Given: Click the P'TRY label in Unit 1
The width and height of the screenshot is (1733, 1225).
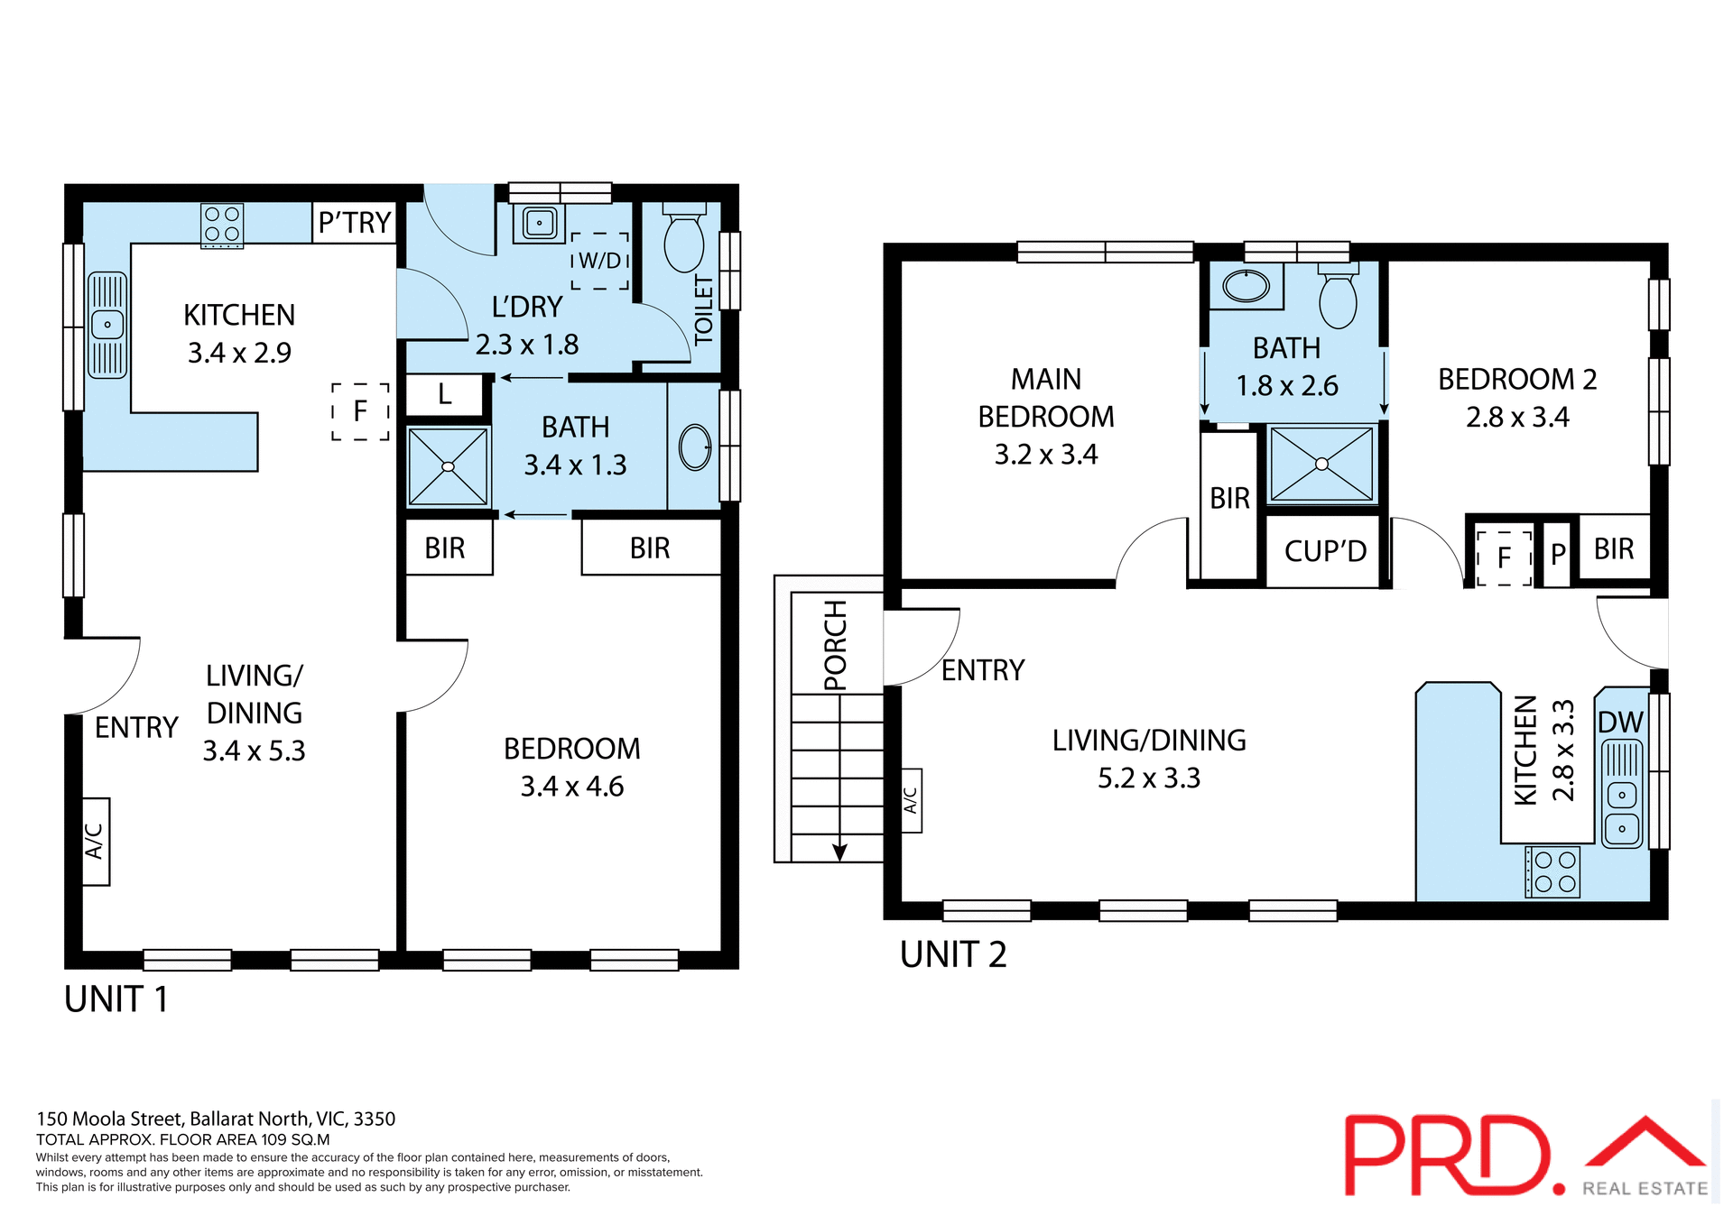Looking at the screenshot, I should [x=355, y=222].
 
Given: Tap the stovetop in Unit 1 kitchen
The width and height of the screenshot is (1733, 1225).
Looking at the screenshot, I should [x=221, y=225].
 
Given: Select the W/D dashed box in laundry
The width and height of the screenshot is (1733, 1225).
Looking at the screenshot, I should [x=600, y=262].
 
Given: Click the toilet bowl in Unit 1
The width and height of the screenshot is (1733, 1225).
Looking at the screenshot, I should [x=684, y=242].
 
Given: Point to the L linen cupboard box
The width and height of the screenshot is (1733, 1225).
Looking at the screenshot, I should [x=445, y=395].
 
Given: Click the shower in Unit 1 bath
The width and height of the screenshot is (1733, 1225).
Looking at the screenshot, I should [x=448, y=466].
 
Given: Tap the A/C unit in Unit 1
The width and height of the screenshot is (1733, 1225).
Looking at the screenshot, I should [x=95, y=841].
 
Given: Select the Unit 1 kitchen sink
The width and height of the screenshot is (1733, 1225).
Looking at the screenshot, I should [x=107, y=325].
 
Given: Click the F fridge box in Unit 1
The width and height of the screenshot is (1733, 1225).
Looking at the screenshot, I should [x=360, y=411].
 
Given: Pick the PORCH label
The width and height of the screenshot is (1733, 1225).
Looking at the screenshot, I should [x=836, y=644].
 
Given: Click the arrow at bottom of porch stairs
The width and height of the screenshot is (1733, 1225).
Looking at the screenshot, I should [x=839, y=851].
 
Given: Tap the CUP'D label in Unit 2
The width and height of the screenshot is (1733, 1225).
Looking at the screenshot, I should [x=1325, y=551].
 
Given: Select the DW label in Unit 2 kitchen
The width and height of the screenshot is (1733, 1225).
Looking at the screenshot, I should [x=1620, y=723].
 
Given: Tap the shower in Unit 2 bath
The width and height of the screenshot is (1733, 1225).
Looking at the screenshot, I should [x=1321, y=465].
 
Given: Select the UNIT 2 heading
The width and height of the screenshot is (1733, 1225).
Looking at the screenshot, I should [x=953, y=954].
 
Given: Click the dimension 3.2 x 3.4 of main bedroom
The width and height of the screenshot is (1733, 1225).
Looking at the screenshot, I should [x=1046, y=455].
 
